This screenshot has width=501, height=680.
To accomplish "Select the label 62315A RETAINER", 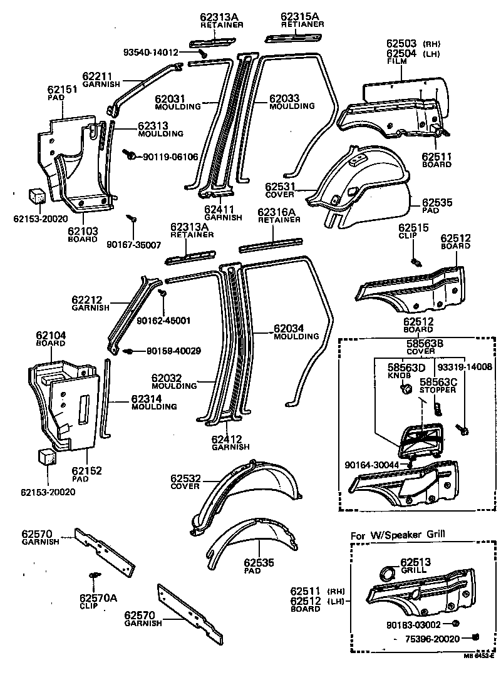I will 302,19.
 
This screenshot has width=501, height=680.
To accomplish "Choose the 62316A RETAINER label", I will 279,216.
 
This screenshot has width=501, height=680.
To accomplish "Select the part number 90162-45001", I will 163,321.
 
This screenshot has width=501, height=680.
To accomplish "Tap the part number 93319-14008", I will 465,368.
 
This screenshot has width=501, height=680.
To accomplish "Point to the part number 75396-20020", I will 433,639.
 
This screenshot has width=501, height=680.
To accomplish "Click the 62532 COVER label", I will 185,482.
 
